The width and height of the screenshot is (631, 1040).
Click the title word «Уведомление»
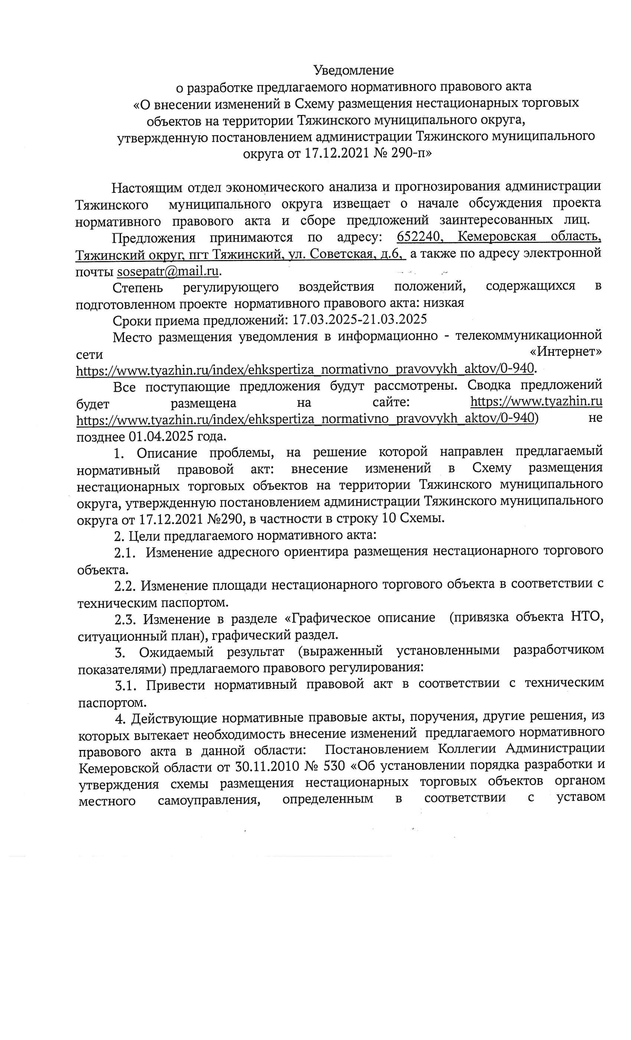click(x=353, y=70)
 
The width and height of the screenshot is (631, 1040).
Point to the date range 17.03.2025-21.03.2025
click(x=359, y=319)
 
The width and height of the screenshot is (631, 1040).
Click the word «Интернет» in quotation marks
click(x=566, y=352)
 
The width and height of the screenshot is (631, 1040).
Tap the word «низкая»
click(x=444, y=303)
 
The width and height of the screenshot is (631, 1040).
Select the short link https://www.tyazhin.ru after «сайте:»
click(x=536, y=401)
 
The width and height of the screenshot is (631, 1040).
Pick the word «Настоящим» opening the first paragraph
click(x=147, y=187)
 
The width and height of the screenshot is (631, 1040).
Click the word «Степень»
click(x=137, y=287)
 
